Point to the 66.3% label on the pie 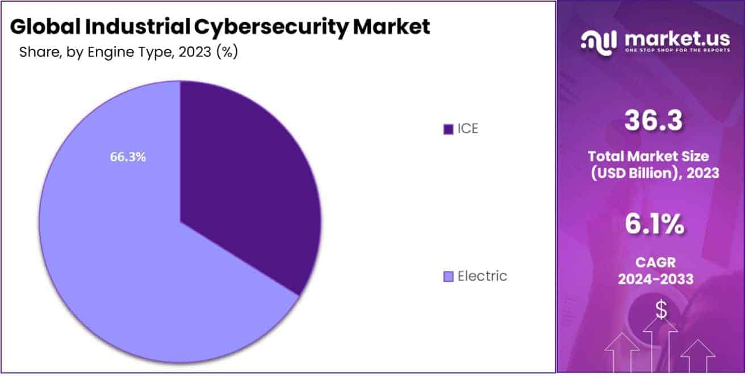(128, 157)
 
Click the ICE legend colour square (448, 129)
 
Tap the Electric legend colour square (448, 277)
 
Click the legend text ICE (468, 128)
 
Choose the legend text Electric (482, 276)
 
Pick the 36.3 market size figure (653, 120)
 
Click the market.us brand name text (677, 39)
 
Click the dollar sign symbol (661, 310)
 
